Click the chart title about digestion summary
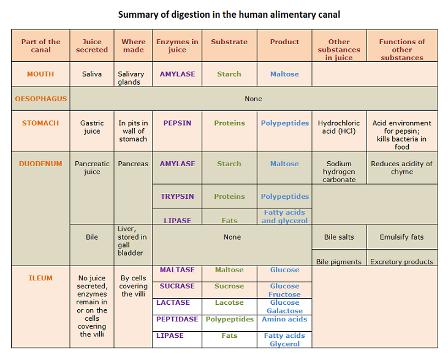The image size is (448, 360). (229, 14)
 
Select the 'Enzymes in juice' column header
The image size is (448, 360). (177, 46)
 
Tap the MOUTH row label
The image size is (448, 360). (40, 74)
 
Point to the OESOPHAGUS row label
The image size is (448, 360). (41, 99)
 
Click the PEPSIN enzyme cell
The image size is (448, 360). (177, 123)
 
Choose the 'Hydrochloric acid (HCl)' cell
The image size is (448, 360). (339, 127)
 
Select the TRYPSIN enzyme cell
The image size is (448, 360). (177, 197)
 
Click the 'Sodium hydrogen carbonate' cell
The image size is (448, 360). (339, 172)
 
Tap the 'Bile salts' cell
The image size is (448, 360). (339, 237)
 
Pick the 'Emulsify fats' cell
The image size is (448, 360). (401, 237)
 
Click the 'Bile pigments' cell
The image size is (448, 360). (339, 262)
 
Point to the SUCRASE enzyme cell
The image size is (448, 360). (177, 286)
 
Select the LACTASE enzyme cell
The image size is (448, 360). (173, 303)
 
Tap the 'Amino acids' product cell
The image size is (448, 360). (284, 320)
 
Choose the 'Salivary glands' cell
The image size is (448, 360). (131, 78)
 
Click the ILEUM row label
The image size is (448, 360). (40, 278)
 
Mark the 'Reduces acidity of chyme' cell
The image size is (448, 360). (401, 167)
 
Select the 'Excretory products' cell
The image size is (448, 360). (401, 262)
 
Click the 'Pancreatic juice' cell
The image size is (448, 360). (92, 167)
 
